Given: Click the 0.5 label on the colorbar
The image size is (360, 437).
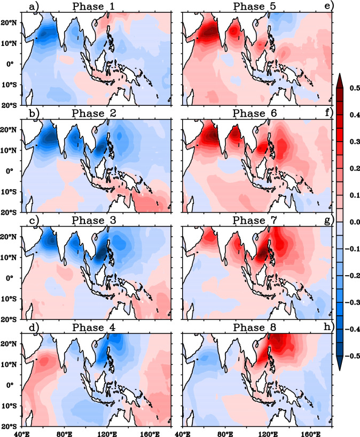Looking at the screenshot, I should pyautogui.click(x=350, y=88).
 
